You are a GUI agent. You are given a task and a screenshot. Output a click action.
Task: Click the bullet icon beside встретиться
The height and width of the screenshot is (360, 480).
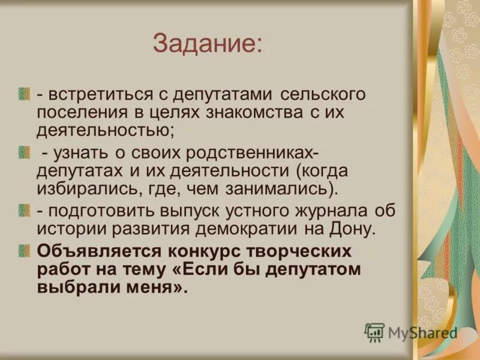click(24, 93)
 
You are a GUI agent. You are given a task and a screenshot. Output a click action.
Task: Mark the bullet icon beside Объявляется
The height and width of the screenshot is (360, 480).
click(24, 250)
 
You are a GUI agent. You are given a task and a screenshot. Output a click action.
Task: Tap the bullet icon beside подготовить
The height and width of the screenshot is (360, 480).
click(24, 209)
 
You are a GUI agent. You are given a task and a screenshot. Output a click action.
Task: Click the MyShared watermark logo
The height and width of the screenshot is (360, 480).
click(411, 332)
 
